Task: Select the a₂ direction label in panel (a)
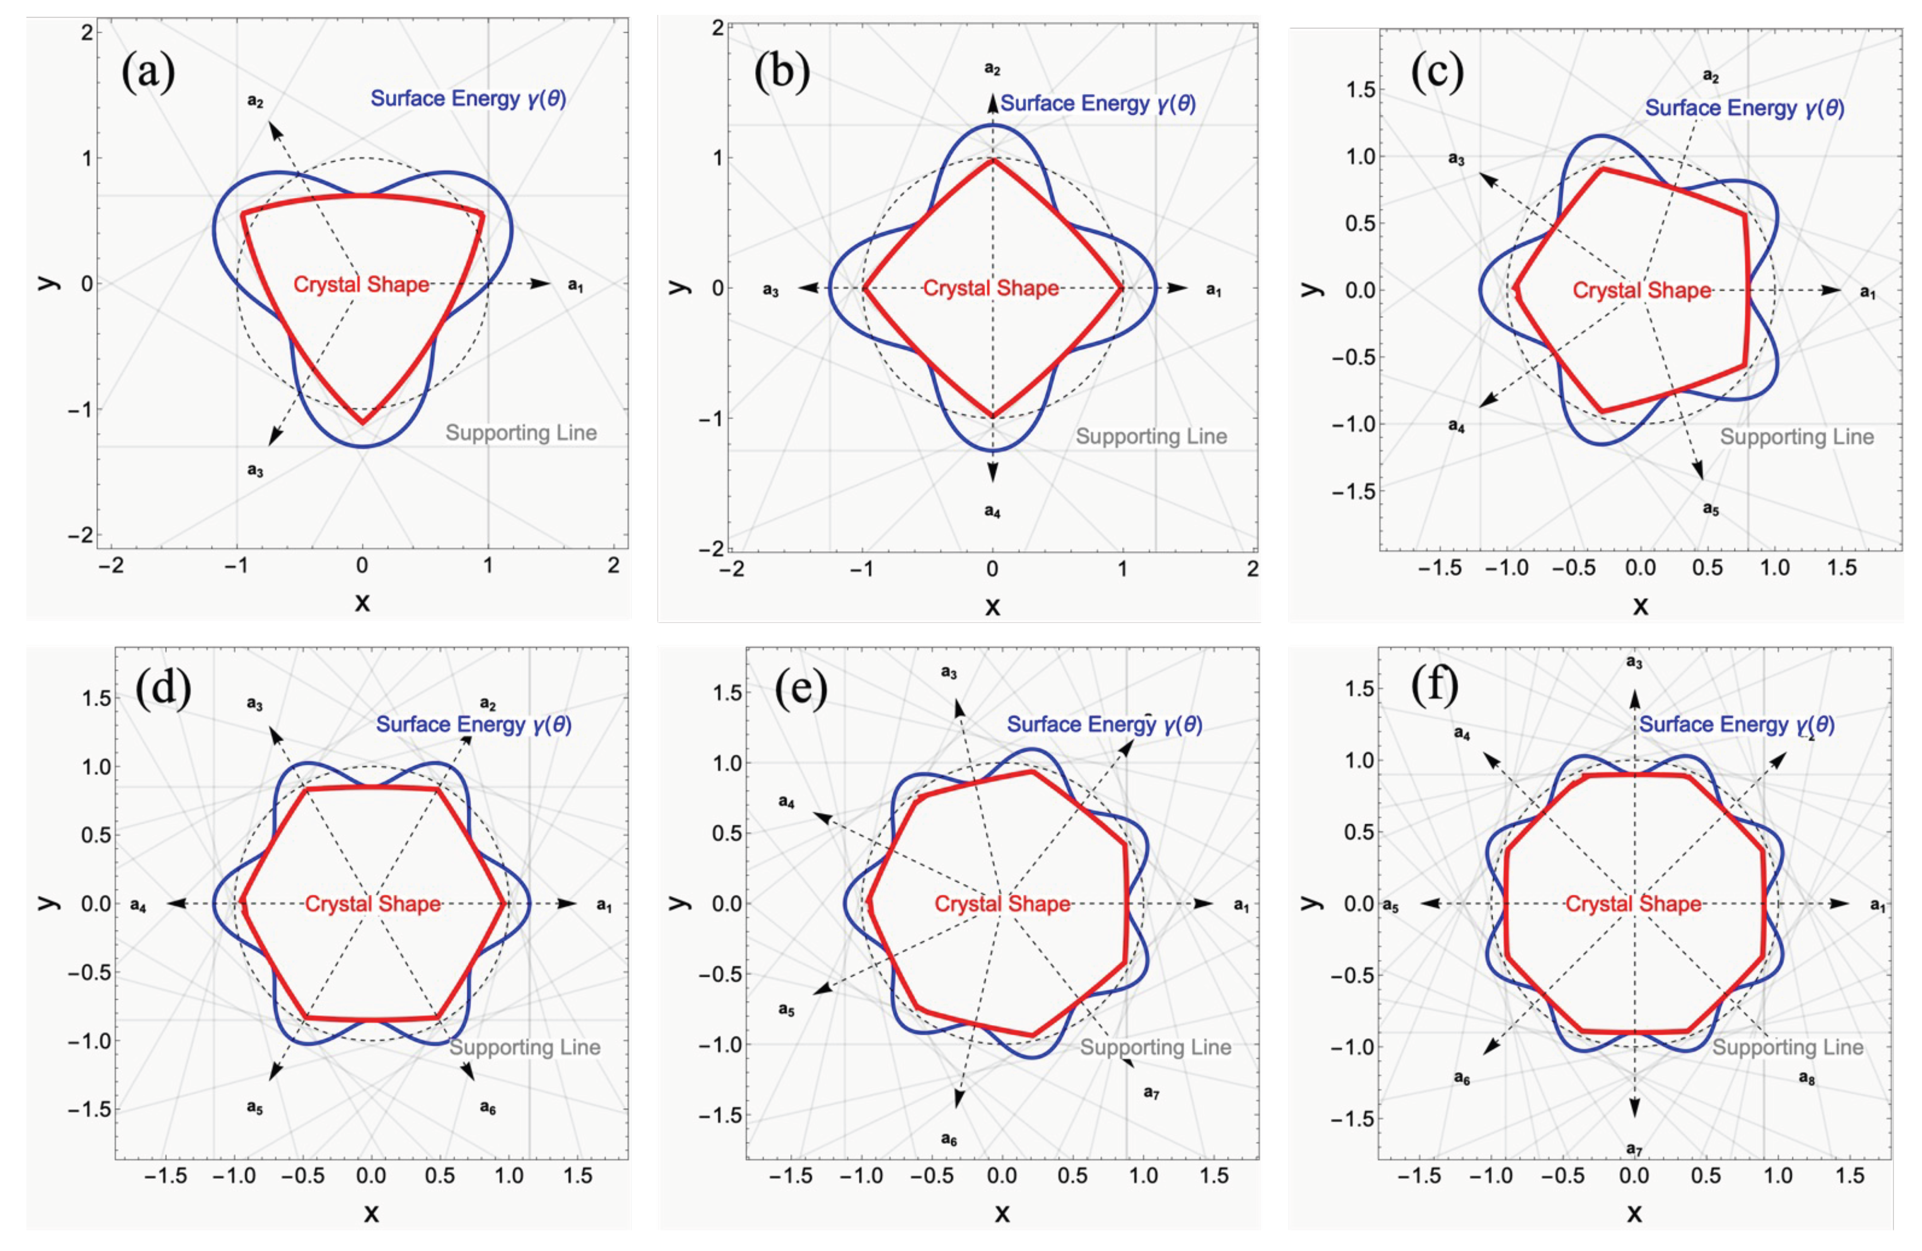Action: click(255, 102)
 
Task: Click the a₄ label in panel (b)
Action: click(993, 511)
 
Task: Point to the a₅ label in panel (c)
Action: click(1710, 509)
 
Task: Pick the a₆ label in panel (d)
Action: click(488, 1108)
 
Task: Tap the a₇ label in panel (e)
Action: click(1151, 1093)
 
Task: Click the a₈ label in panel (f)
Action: click(1807, 1078)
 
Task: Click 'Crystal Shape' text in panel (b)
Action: click(991, 289)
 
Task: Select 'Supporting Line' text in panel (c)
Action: click(1797, 437)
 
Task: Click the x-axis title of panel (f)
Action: click(1634, 1213)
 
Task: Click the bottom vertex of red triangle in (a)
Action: click(362, 422)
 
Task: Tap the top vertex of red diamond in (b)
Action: click(993, 160)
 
